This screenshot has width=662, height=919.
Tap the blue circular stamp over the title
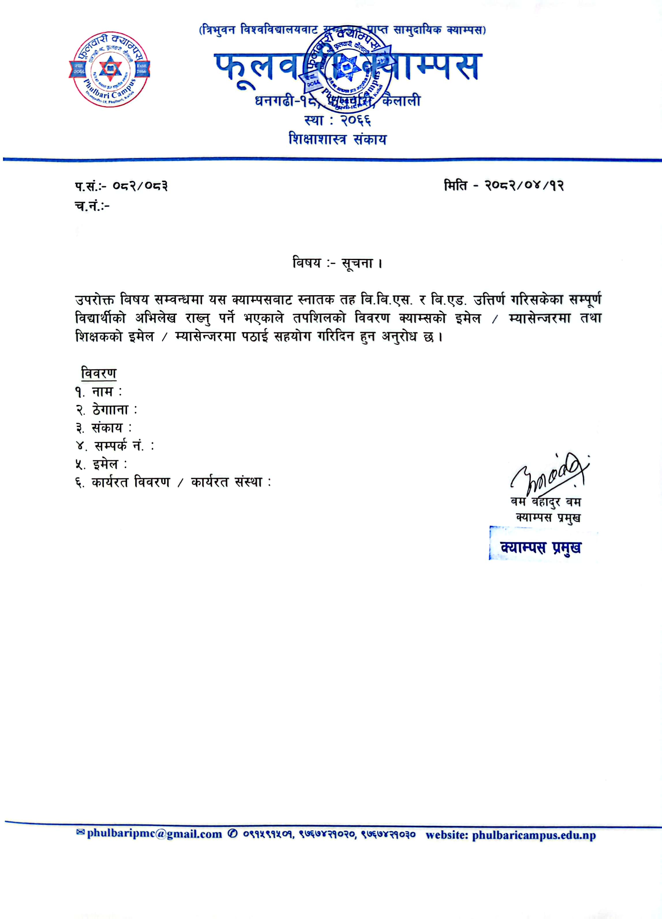(x=348, y=69)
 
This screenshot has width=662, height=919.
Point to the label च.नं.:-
(x=92, y=207)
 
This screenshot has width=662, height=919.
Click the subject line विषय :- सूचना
(x=337, y=264)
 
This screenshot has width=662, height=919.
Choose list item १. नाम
(x=98, y=392)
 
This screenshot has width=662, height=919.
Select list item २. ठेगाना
(x=106, y=410)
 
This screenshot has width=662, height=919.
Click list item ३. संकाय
(x=103, y=428)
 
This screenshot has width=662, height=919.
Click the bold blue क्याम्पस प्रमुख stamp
(x=541, y=548)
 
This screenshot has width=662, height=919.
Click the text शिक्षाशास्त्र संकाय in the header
(x=337, y=139)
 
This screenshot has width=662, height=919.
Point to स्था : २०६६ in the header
(x=337, y=120)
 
